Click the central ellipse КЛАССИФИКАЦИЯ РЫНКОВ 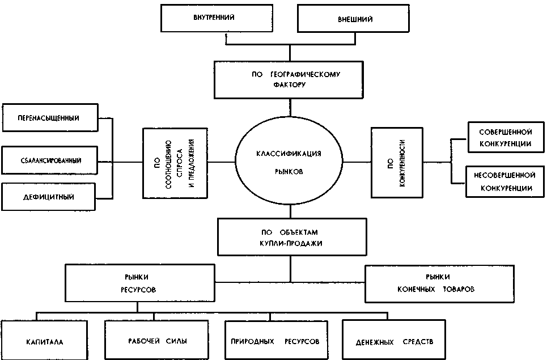pos(289,162)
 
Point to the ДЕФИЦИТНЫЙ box pos(50,197)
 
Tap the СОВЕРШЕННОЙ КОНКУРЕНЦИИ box pos(505,137)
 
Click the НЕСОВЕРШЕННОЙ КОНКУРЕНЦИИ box pos(505,181)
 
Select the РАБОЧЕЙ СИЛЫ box pos(154,341)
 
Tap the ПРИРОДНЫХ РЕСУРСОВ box pos(275,342)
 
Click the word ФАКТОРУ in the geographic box pos(289,85)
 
